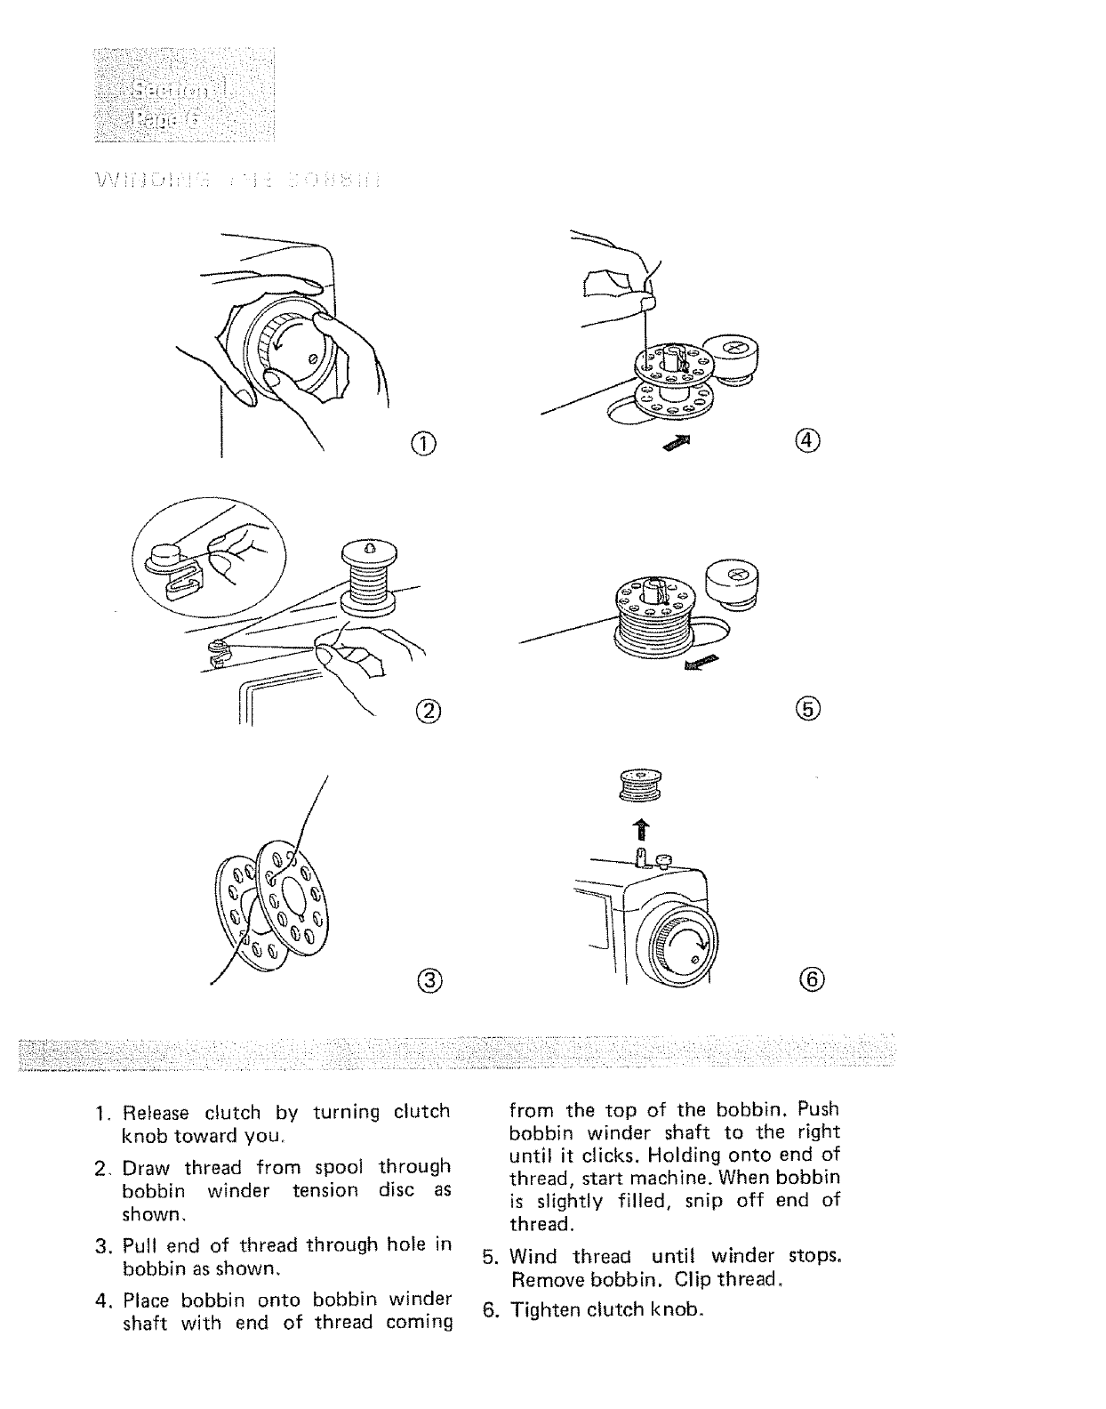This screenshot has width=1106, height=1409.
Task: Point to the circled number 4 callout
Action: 809,440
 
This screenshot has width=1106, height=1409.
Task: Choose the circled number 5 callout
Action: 809,708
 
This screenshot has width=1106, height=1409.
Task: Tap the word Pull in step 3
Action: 140,1244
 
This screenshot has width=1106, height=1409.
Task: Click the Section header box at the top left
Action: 183,96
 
